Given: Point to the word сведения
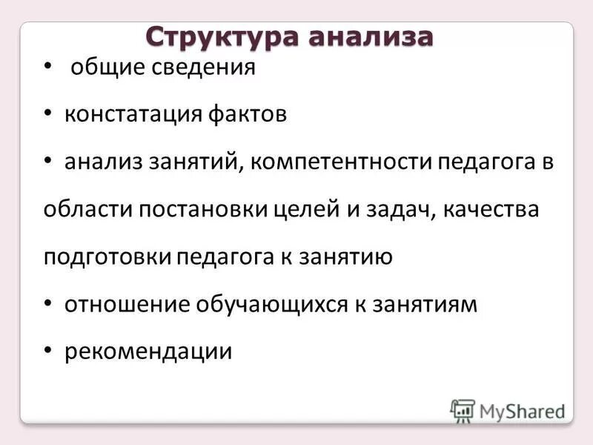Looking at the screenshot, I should point(203,68).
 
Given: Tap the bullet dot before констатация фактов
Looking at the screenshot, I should point(48,115).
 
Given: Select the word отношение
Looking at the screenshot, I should point(126,303).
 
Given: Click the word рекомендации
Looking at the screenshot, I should point(148,350).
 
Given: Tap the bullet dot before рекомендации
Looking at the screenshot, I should point(48,351).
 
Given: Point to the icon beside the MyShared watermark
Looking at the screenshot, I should point(463,410).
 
